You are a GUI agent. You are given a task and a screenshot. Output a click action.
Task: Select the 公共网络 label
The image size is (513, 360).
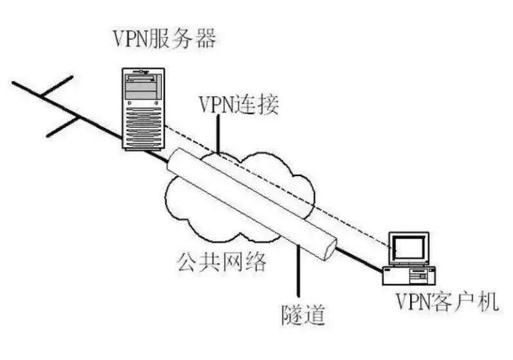221,261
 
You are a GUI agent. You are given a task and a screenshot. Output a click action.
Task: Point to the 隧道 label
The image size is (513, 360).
301,316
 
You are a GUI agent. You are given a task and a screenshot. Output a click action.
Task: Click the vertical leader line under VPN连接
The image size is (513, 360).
220,134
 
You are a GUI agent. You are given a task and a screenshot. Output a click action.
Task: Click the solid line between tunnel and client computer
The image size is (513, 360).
360,258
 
